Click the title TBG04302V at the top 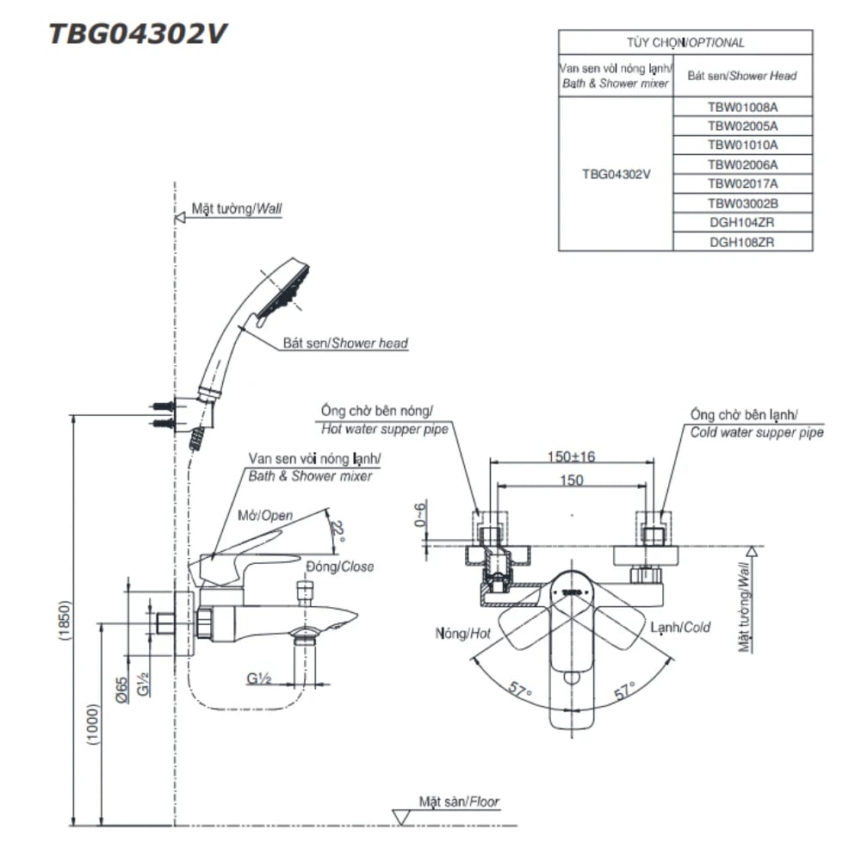[139, 33]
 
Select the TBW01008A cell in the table [742, 107]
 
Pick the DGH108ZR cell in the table [742, 242]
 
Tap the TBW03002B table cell [742, 203]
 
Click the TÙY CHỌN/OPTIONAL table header [685, 42]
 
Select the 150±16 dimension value [570, 456]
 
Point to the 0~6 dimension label [420, 516]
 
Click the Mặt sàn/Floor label [459, 802]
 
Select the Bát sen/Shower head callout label [345, 343]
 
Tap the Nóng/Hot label [463, 633]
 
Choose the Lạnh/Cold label [681, 628]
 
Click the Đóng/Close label [340, 566]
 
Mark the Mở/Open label [265, 517]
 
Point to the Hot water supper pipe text [384, 428]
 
